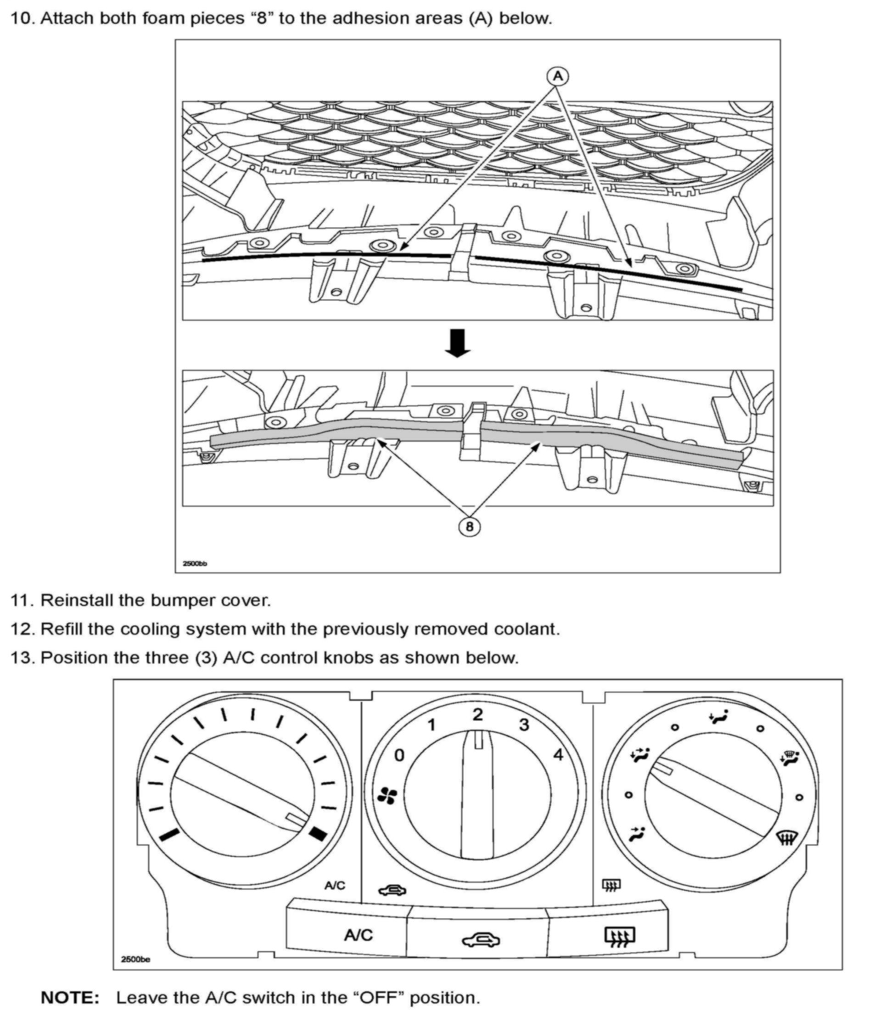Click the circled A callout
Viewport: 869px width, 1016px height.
(558, 77)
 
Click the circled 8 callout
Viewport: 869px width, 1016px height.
(469, 527)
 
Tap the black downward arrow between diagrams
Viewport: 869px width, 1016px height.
(457, 343)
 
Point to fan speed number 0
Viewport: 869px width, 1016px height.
(400, 756)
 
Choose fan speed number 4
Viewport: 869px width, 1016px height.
(558, 755)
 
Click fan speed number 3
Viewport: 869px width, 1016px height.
(524, 725)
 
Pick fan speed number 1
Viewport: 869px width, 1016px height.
(432, 725)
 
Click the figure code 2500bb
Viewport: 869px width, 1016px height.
(195, 563)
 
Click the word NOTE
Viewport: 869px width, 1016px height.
(70, 997)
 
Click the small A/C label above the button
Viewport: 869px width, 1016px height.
(335, 885)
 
